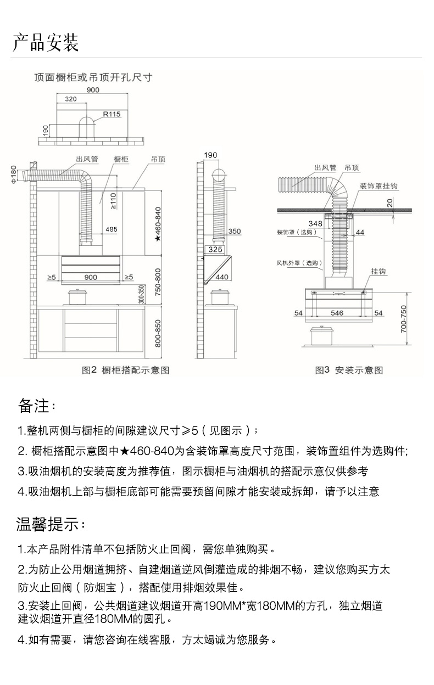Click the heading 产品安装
click(x=46, y=42)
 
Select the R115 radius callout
click(x=112, y=114)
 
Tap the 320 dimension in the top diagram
click(x=71, y=99)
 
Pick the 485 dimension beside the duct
click(x=112, y=229)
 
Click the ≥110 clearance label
click(x=114, y=201)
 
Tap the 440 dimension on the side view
click(x=221, y=277)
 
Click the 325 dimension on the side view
click(x=215, y=250)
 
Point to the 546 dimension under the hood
click(x=337, y=313)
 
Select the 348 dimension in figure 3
click(x=315, y=223)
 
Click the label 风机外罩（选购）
click(x=299, y=263)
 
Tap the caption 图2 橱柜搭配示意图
click(x=126, y=370)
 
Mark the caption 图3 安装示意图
click(x=348, y=370)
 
